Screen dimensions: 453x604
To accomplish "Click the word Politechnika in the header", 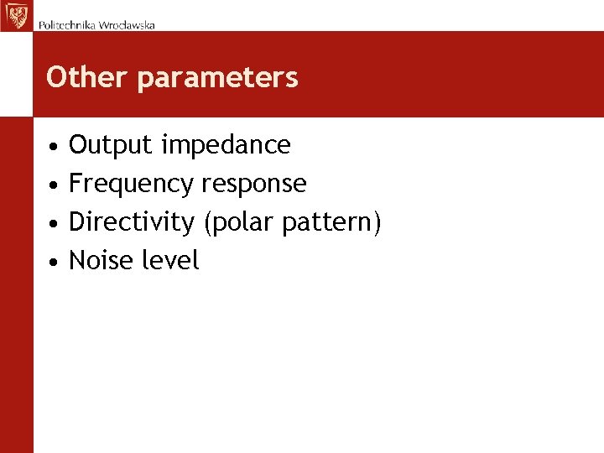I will point(67,24).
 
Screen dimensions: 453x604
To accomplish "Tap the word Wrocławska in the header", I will point(127,24).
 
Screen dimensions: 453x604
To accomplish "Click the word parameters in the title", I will point(217,78).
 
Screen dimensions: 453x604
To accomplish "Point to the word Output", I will point(112,145).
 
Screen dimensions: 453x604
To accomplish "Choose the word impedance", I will point(226,145).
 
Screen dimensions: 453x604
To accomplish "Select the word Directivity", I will point(131,222).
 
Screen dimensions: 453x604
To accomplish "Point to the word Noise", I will point(101,261).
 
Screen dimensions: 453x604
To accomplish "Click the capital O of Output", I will point(79,145).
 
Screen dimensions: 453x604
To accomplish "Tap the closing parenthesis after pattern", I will point(377,223).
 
